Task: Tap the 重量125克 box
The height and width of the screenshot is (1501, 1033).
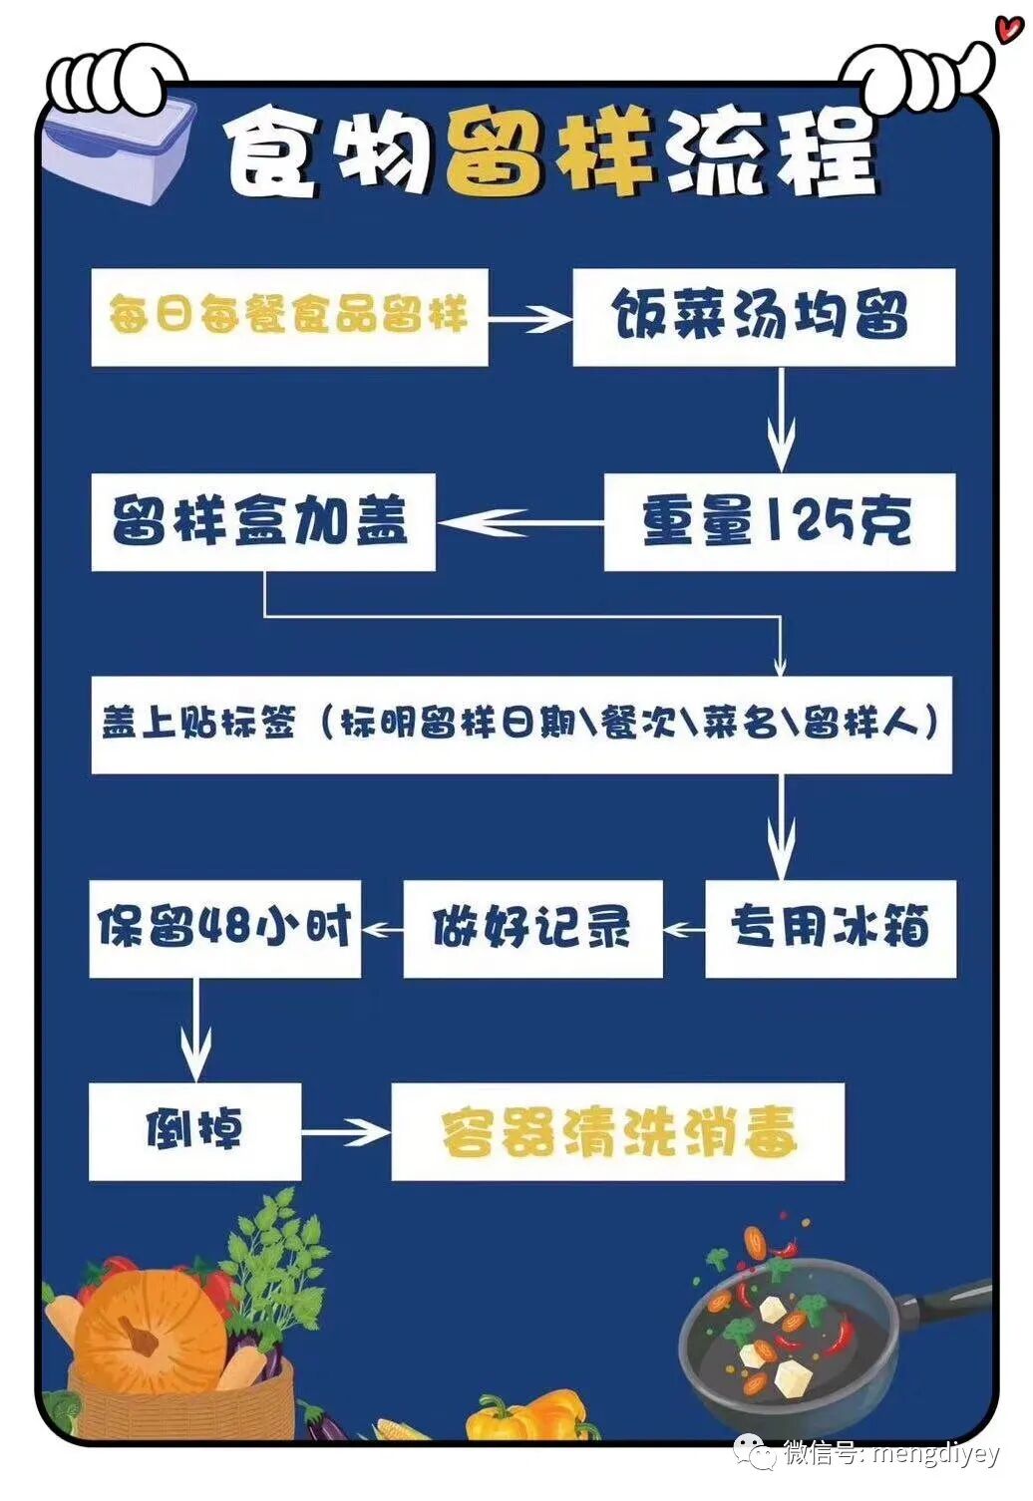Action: tap(779, 521)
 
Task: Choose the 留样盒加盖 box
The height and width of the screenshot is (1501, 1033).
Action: tap(262, 521)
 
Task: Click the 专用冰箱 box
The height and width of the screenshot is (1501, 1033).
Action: tap(830, 928)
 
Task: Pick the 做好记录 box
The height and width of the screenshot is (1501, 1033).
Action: tap(532, 928)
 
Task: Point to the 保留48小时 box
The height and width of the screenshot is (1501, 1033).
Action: tap(224, 928)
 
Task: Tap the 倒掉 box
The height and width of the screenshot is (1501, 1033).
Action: tap(194, 1131)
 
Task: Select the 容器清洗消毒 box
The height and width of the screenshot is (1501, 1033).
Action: tap(617, 1131)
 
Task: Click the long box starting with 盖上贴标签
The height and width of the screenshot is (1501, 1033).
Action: tap(520, 725)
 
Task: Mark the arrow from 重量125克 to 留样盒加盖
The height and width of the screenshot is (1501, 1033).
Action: tap(518, 522)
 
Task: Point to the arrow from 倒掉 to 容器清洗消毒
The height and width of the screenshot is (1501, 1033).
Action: tap(345, 1132)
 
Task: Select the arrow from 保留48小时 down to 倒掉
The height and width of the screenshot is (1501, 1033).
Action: tap(195, 1029)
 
